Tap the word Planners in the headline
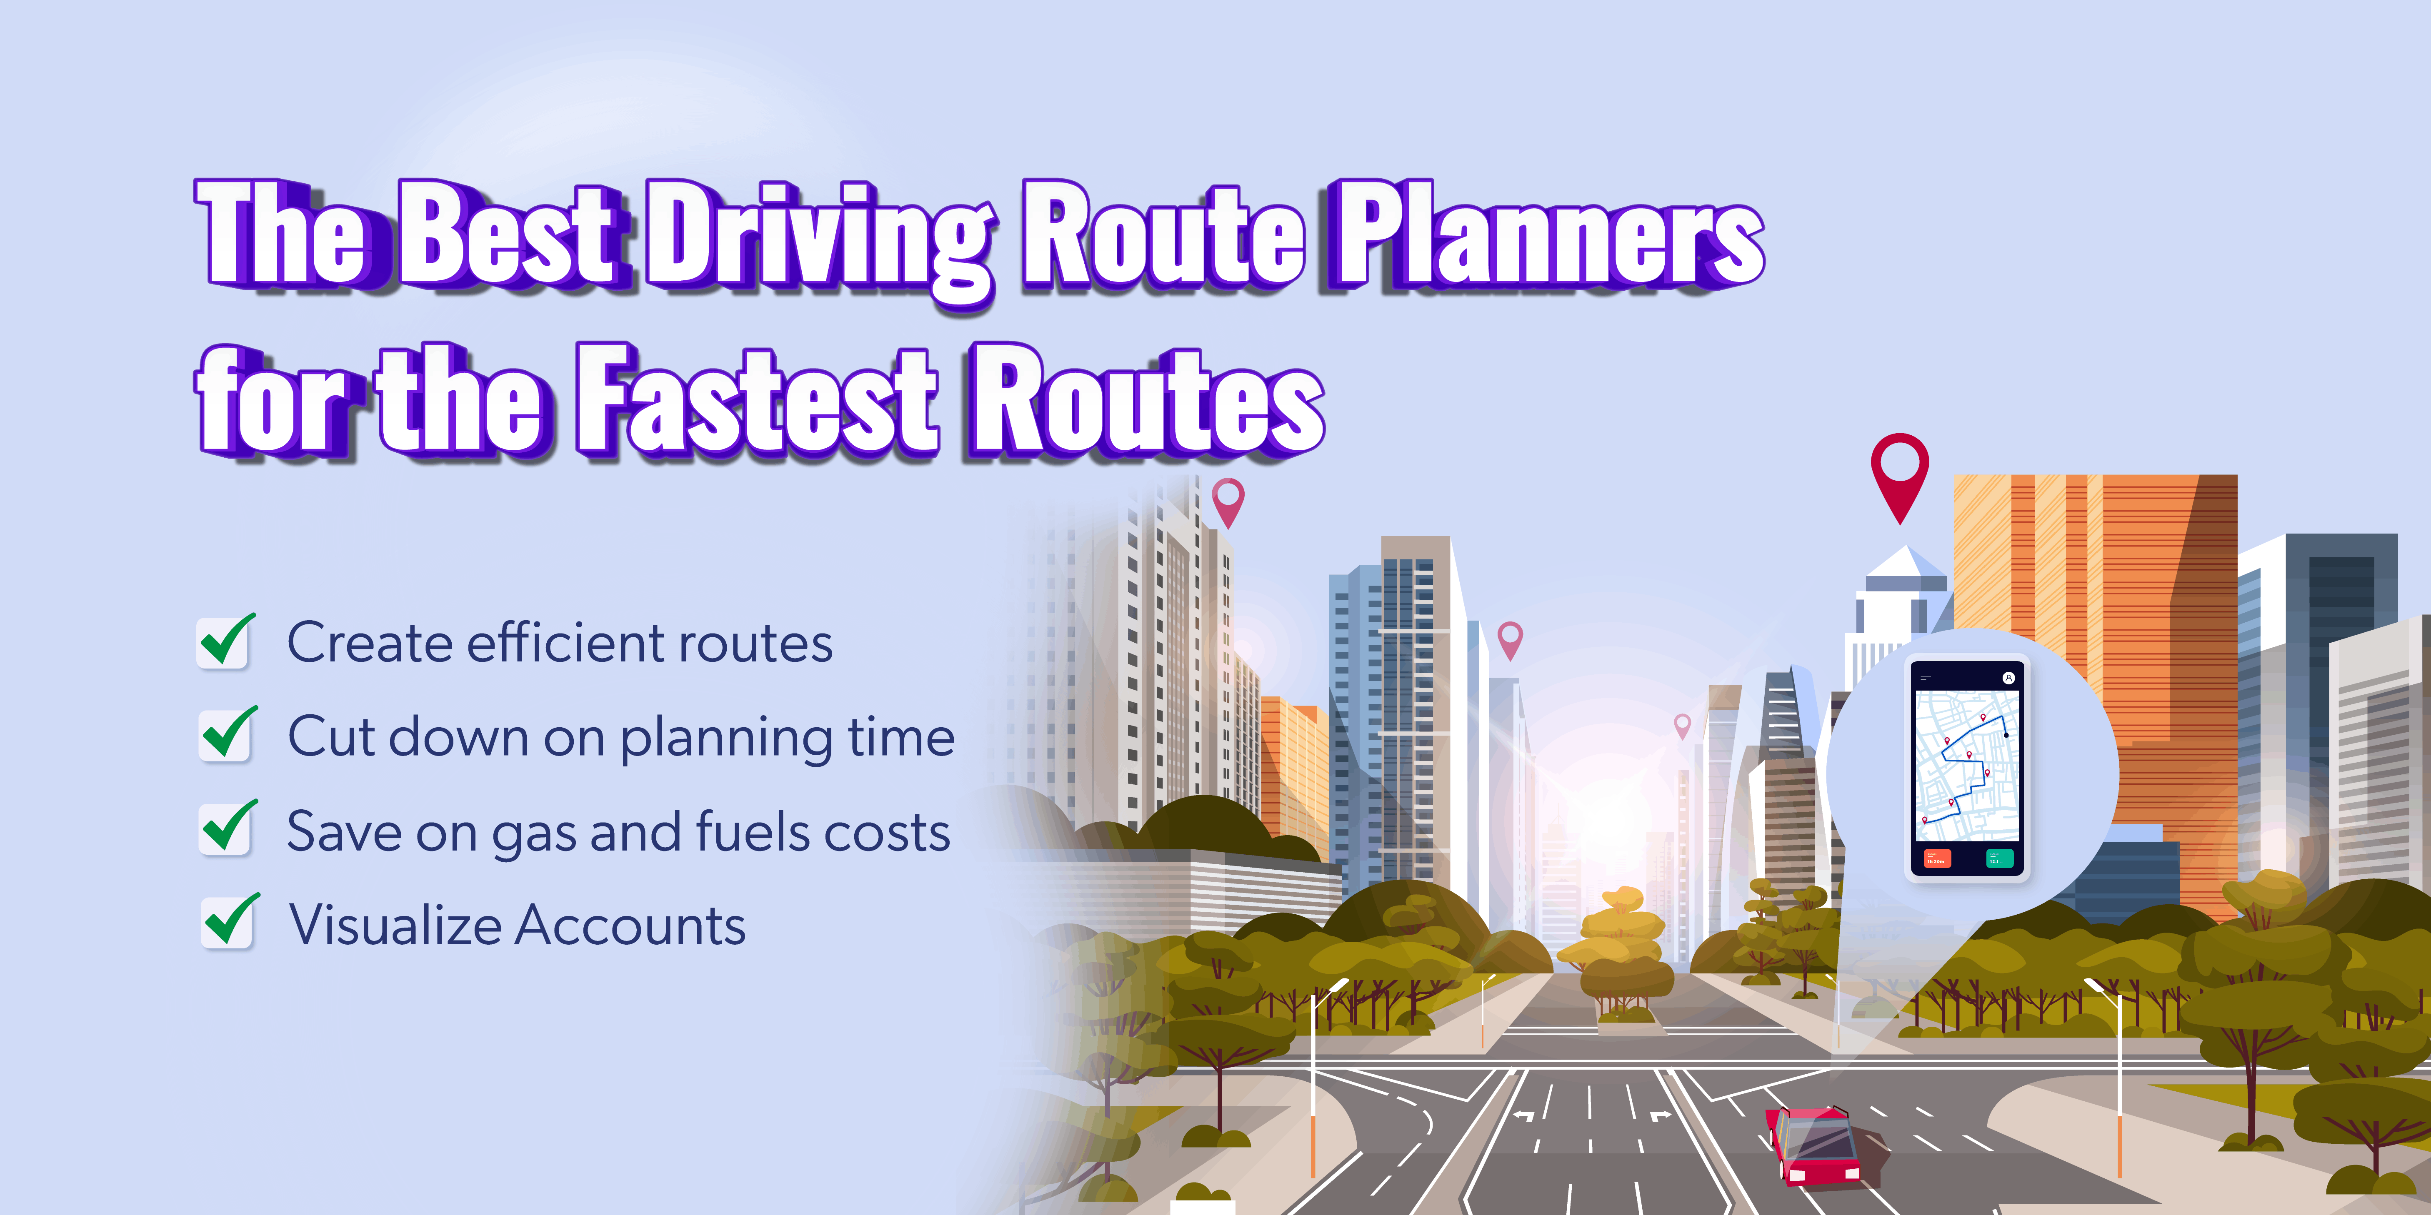[x=1548, y=236]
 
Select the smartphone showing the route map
[x=1968, y=769]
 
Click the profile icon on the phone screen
[x=2008, y=677]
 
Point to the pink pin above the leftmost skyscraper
[x=1228, y=500]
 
